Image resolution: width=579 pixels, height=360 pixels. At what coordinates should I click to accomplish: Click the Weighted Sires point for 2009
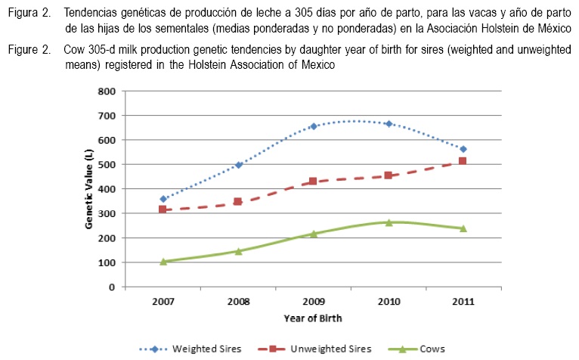tap(313, 126)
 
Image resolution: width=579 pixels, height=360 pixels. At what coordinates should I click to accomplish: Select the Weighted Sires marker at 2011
tap(463, 149)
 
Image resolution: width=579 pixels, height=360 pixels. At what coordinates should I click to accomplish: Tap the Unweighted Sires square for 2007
tap(163, 209)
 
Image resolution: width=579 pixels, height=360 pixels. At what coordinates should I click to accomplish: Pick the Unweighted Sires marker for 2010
tap(388, 175)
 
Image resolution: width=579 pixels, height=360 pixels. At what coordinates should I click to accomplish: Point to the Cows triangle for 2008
tap(238, 251)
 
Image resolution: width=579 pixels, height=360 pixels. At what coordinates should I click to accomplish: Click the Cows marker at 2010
tap(389, 222)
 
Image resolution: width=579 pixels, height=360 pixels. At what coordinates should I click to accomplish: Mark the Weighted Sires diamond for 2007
tap(163, 199)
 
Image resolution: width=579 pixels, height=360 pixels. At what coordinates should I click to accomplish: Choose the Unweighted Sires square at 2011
tap(463, 161)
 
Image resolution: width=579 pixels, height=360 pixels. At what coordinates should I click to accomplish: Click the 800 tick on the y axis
tap(107, 91)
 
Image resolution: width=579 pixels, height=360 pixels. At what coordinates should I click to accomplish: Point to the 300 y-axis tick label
tap(107, 213)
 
